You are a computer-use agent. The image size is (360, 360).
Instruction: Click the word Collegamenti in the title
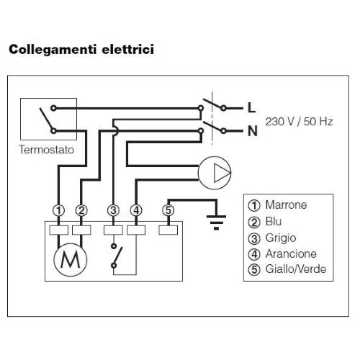coord(53,50)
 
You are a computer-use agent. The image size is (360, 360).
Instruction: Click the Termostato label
coord(47,150)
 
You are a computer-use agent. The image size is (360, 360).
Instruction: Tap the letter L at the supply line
coord(251,108)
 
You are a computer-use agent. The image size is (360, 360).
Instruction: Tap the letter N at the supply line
coord(253,131)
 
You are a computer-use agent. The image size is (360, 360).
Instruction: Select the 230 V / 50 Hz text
coord(299,122)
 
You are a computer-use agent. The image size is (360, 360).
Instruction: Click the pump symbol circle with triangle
coord(215,173)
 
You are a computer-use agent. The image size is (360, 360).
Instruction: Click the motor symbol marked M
coord(71,260)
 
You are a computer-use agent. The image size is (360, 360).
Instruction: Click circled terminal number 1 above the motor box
coord(59,210)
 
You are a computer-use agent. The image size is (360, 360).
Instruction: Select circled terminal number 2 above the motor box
coord(81,210)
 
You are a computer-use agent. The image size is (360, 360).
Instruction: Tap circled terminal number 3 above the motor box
coord(113,210)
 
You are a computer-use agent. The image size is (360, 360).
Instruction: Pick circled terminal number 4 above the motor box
coord(136,210)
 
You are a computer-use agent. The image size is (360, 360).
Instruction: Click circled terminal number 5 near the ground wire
coord(168,210)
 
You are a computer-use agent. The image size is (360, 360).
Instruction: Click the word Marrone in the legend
coord(286,205)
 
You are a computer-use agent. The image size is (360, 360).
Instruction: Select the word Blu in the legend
coord(274,221)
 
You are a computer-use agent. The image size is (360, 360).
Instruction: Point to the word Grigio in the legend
coord(281,238)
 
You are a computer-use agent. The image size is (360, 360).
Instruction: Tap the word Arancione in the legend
coord(291,254)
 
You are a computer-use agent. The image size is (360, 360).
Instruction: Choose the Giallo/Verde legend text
coord(296,269)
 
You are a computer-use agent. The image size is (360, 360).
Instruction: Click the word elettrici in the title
coord(128,49)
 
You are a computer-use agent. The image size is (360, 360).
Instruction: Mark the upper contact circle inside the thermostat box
coord(53,108)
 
